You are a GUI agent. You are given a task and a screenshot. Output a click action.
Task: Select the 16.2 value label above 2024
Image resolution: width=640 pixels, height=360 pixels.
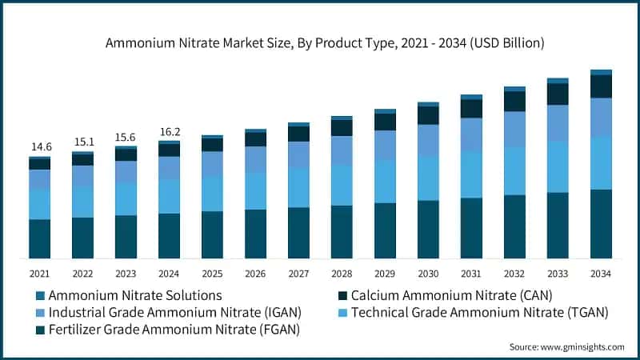coord(169,131)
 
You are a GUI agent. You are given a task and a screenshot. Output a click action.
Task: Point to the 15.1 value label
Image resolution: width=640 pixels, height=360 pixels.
coord(82,142)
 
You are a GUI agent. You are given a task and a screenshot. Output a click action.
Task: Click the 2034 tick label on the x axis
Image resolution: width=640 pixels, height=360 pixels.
coord(601,274)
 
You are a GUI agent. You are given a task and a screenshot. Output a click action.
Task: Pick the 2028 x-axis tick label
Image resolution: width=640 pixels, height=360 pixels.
coord(342,274)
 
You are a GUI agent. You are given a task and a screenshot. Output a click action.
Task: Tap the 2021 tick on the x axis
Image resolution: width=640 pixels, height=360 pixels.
coord(39,274)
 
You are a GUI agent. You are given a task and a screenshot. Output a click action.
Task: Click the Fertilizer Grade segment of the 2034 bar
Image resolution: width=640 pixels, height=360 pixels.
coord(601,224)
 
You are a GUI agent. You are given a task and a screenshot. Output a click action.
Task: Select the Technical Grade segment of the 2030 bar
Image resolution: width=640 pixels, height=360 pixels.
coord(428,178)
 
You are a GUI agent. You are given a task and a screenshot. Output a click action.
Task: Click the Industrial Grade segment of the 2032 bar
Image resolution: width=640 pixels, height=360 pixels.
coord(514,129)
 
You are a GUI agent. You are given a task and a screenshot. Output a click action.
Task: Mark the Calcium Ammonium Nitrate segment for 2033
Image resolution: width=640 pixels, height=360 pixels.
coord(558,94)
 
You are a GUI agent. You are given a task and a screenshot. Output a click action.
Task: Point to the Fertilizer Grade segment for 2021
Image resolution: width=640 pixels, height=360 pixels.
coord(39,238)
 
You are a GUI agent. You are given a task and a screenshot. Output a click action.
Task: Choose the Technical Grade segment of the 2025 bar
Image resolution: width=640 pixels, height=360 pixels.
coord(212,193)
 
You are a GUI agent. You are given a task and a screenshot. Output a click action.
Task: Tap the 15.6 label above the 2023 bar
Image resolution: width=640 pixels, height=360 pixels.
coord(126,138)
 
